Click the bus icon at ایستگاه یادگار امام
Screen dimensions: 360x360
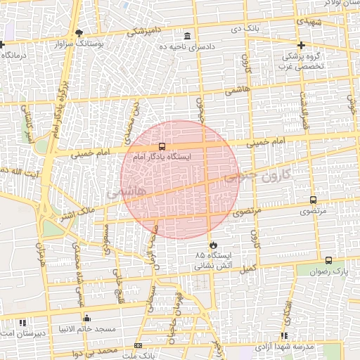tap(162, 147)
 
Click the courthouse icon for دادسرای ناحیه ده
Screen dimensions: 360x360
tap(187, 36)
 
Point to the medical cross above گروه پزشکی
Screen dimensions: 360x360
tap(300, 45)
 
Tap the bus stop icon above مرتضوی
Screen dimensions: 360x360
tap(313, 200)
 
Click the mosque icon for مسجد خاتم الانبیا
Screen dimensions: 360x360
tap(86, 319)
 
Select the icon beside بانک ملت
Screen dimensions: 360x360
tap(138, 345)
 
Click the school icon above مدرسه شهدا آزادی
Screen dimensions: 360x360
tap(284, 336)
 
